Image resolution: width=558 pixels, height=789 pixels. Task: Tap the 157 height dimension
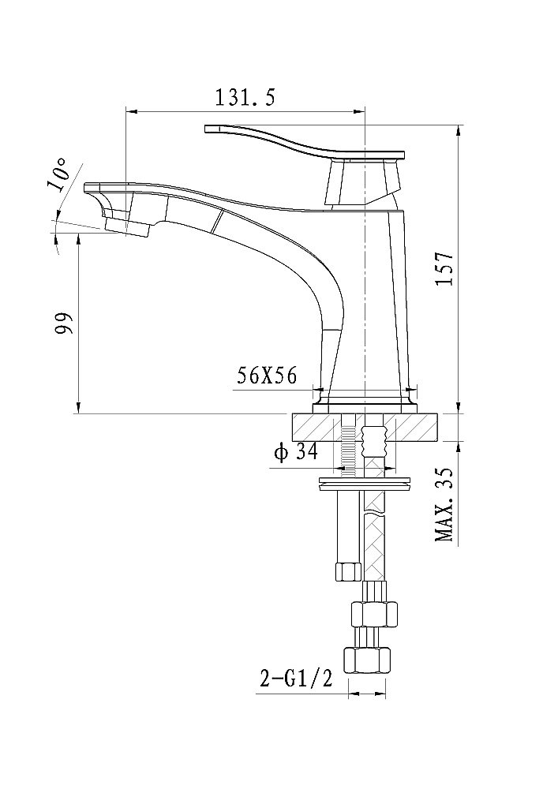coord(446,268)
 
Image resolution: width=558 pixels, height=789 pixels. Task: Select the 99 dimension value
coord(63,323)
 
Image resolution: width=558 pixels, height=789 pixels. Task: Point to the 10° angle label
coord(58,175)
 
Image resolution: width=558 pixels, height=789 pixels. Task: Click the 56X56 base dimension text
coord(267,376)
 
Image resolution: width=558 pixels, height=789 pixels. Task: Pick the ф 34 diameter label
coord(295,452)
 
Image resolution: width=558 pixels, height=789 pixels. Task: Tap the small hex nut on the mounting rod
coord(346,570)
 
